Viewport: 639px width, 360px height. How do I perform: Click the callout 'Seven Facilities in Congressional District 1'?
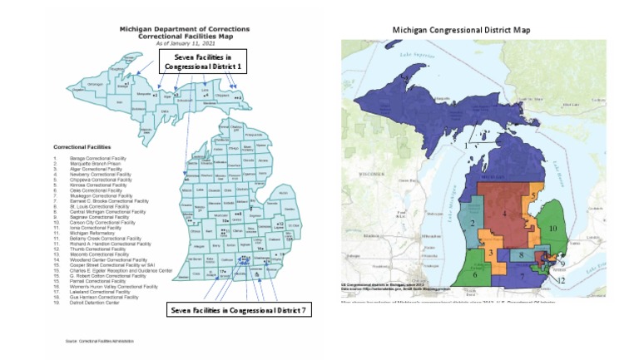(203, 61)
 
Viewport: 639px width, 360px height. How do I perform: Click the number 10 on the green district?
(552, 226)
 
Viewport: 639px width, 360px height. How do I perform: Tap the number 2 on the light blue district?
(472, 224)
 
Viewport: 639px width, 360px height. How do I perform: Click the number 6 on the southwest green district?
(475, 273)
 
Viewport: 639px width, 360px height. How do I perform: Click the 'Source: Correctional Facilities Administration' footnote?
(98, 341)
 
